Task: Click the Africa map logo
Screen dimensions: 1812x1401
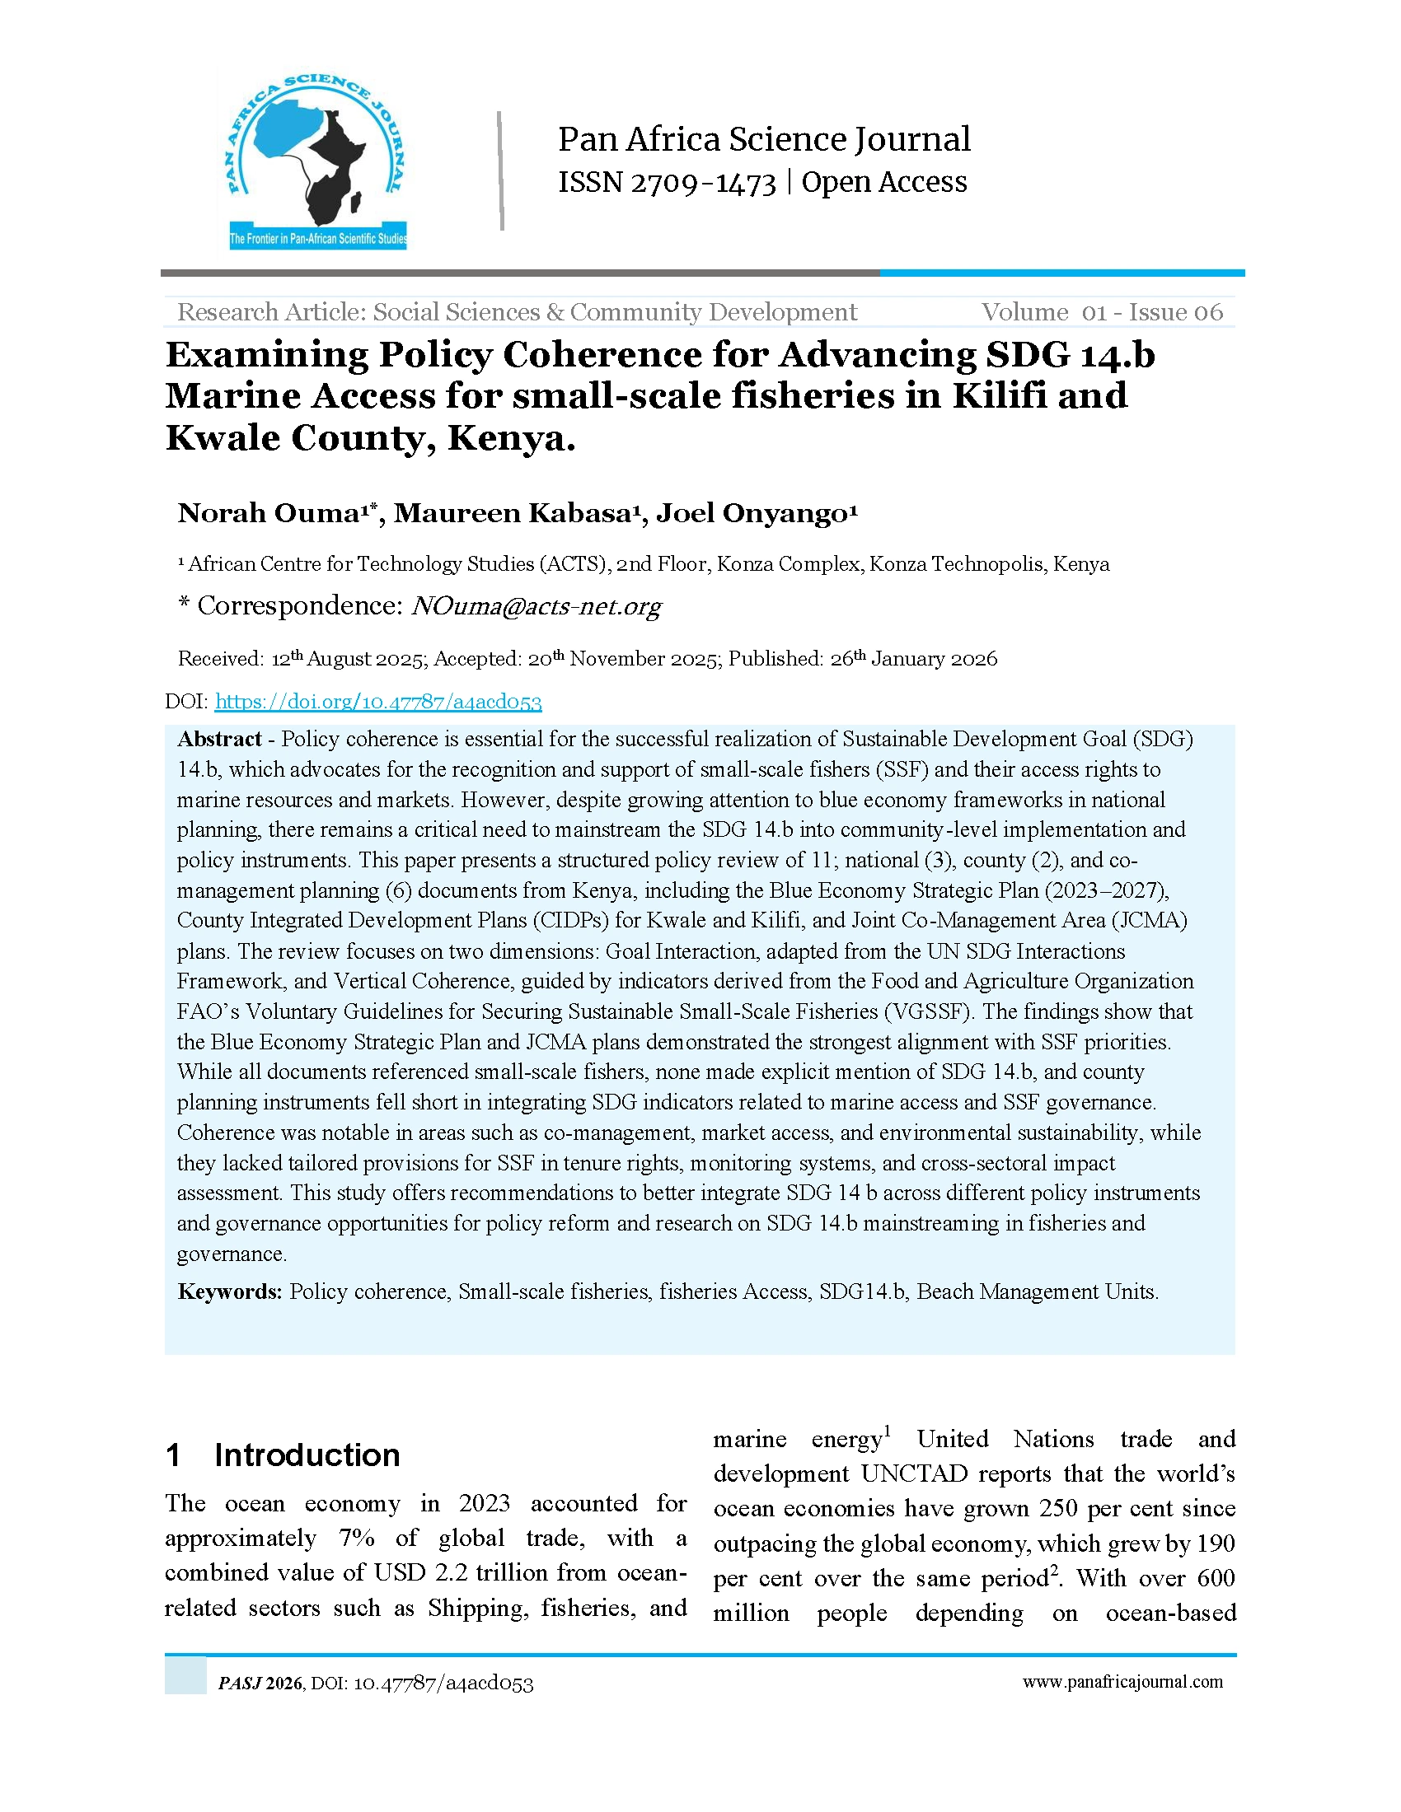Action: (317, 160)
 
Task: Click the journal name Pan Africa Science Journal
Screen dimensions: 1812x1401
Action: (764, 139)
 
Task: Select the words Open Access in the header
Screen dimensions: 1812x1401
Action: (884, 183)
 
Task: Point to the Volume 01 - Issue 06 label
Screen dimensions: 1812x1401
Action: (1102, 312)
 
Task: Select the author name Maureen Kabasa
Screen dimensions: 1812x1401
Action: (510, 514)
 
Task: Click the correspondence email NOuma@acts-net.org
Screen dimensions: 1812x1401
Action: (537, 606)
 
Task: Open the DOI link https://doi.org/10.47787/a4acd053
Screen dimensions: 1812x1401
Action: (377, 702)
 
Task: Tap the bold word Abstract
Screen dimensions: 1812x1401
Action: (220, 740)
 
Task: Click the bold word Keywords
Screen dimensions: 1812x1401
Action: (230, 1291)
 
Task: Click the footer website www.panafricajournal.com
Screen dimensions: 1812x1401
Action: (1122, 1682)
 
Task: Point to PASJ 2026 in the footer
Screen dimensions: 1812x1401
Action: (260, 1684)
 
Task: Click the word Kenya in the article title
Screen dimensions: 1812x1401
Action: (510, 438)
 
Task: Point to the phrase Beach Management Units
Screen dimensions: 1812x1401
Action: (1038, 1291)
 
